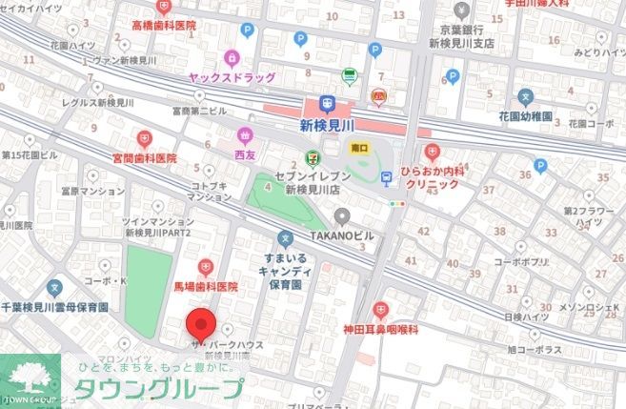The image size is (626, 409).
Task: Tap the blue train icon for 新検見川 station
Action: coord(328,104)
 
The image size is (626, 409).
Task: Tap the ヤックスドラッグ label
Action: coord(232,78)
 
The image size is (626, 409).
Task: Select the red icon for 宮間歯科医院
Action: coord(145,138)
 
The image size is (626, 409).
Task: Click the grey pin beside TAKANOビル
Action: coord(341,216)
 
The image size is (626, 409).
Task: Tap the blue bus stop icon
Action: coord(387,176)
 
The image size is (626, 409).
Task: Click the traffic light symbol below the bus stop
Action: coord(396,202)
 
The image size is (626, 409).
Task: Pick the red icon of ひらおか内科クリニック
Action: coord(433,151)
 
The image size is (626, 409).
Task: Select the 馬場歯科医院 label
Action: coord(204,285)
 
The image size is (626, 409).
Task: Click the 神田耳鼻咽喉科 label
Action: coord(381,329)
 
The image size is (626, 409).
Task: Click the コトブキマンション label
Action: coord(211,191)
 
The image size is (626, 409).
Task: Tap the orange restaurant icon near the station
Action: coord(379,95)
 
